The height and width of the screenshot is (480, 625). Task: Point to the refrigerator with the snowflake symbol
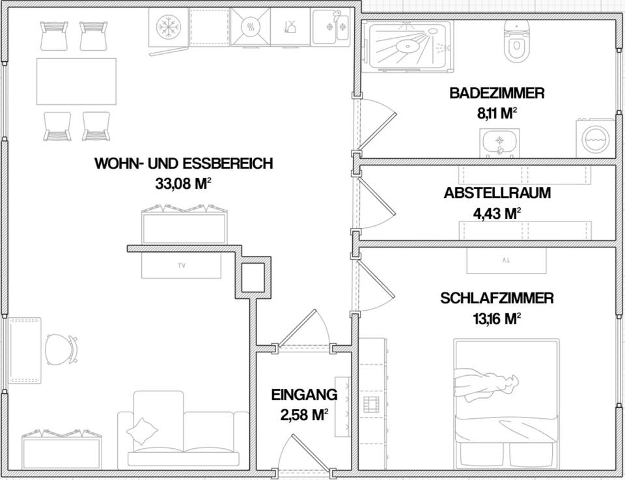pos(169,27)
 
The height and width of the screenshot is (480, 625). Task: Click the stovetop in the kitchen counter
pos(250,27)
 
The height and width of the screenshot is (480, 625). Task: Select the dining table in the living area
pos(76,81)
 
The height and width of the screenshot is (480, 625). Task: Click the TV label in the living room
pos(181,266)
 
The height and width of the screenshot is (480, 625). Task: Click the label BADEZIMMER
pos(496,93)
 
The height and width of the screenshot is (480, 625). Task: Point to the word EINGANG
pos(304,395)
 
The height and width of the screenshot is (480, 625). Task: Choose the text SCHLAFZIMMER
pos(497,298)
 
